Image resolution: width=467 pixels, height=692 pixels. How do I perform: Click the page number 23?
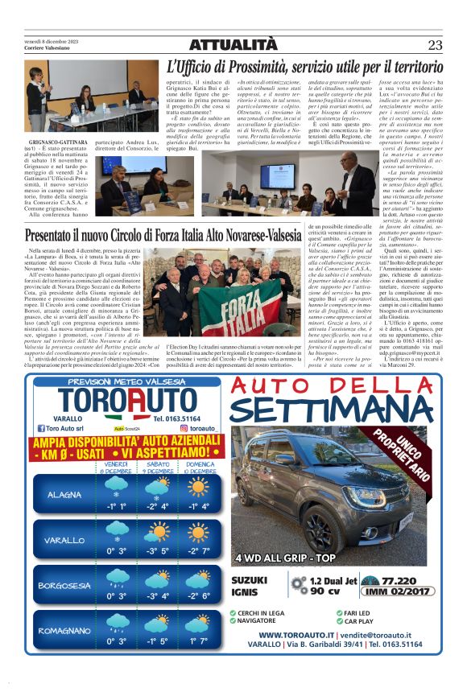436,45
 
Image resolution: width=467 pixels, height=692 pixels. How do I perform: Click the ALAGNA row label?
64,494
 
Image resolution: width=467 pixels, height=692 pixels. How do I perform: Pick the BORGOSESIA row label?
64,585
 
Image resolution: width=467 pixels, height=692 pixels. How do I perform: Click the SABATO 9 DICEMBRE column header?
157,468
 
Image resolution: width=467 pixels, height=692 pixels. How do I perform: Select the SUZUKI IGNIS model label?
250,585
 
